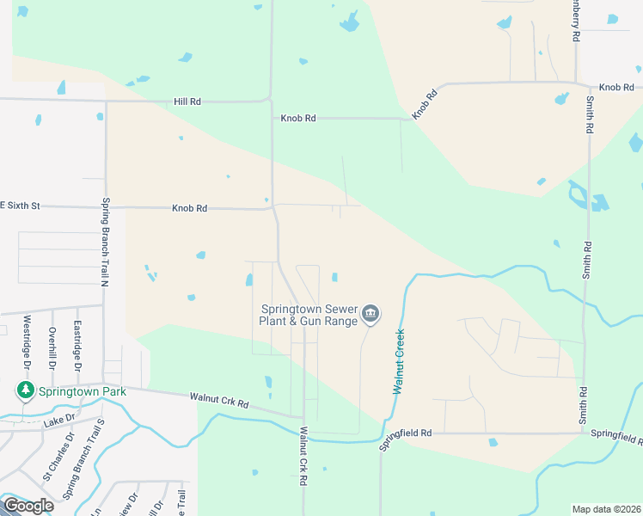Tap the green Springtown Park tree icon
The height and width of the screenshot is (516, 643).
[26, 391]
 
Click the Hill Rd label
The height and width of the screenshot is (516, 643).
[187, 101]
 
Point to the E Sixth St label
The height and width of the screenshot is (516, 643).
[20, 206]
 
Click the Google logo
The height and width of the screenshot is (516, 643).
[28, 506]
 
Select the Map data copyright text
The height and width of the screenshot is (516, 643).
[607, 509]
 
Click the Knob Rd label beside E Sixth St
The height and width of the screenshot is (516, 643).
[189, 208]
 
